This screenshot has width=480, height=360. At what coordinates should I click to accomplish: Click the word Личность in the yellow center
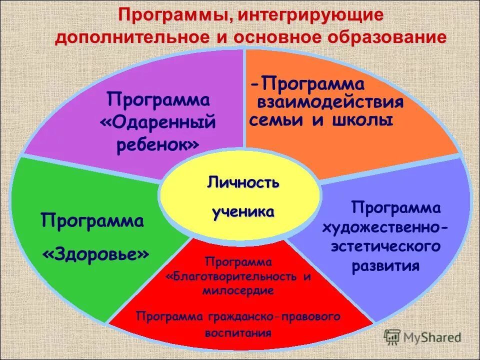(243, 183)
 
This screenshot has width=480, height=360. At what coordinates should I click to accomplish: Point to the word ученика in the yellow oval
(243, 212)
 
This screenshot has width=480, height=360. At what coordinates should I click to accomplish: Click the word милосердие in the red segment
(238, 290)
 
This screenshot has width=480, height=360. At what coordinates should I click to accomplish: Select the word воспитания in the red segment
(238, 332)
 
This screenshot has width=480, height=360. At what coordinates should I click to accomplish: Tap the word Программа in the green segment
(92, 220)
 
